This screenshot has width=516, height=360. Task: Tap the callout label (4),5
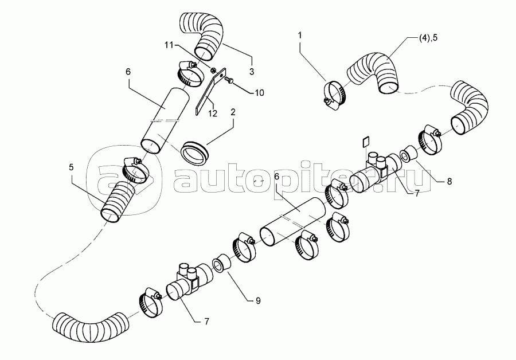pyautogui.click(x=428, y=37)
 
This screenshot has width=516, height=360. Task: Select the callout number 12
pyautogui.click(x=213, y=114)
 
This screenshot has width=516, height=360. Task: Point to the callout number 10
pyautogui.click(x=259, y=93)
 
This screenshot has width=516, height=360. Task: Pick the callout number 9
pyautogui.click(x=258, y=300)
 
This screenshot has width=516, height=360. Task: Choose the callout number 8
pyautogui.click(x=449, y=181)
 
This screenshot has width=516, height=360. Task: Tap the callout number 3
pyautogui.click(x=252, y=72)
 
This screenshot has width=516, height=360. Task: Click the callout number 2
pyautogui.click(x=233, y=112)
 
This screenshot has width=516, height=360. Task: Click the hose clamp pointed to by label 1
pyautogui.click(x=333, y=94)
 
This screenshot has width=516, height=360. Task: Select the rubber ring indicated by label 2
pyautogui.click(x=195, y=152)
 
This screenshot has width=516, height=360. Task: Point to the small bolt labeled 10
pyautogui.click(x=229, y=79)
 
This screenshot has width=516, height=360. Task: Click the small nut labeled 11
pyautogui.click(x=213, y=70)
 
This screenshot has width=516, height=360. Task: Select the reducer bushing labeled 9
pyautogui.click(x=221, y=263)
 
